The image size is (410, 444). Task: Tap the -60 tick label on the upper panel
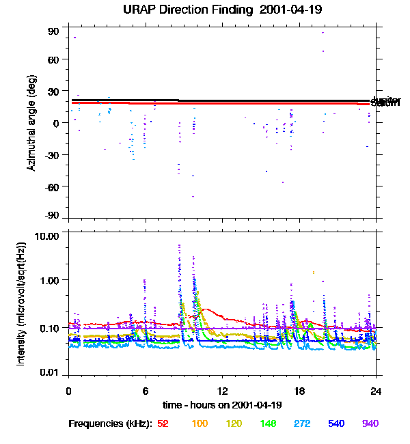pos(53,186)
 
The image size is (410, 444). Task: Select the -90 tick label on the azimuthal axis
pos(53,217)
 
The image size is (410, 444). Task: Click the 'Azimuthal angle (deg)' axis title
pos(32,122)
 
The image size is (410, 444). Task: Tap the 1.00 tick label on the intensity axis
pos(52,280)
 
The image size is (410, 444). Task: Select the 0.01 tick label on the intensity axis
pos(52,373)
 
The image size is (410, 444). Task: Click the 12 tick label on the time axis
pos(223,391)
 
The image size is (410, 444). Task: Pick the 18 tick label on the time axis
pos(299,391)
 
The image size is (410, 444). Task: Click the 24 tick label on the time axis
pos(376,391)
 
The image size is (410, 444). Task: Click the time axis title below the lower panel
pos(223,405)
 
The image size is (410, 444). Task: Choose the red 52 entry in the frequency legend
pos(163,424)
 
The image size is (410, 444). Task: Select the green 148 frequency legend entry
pos(267,424)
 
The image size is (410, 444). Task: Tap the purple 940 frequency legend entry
pos(370,424)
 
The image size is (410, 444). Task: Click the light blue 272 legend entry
pos(301,424)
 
